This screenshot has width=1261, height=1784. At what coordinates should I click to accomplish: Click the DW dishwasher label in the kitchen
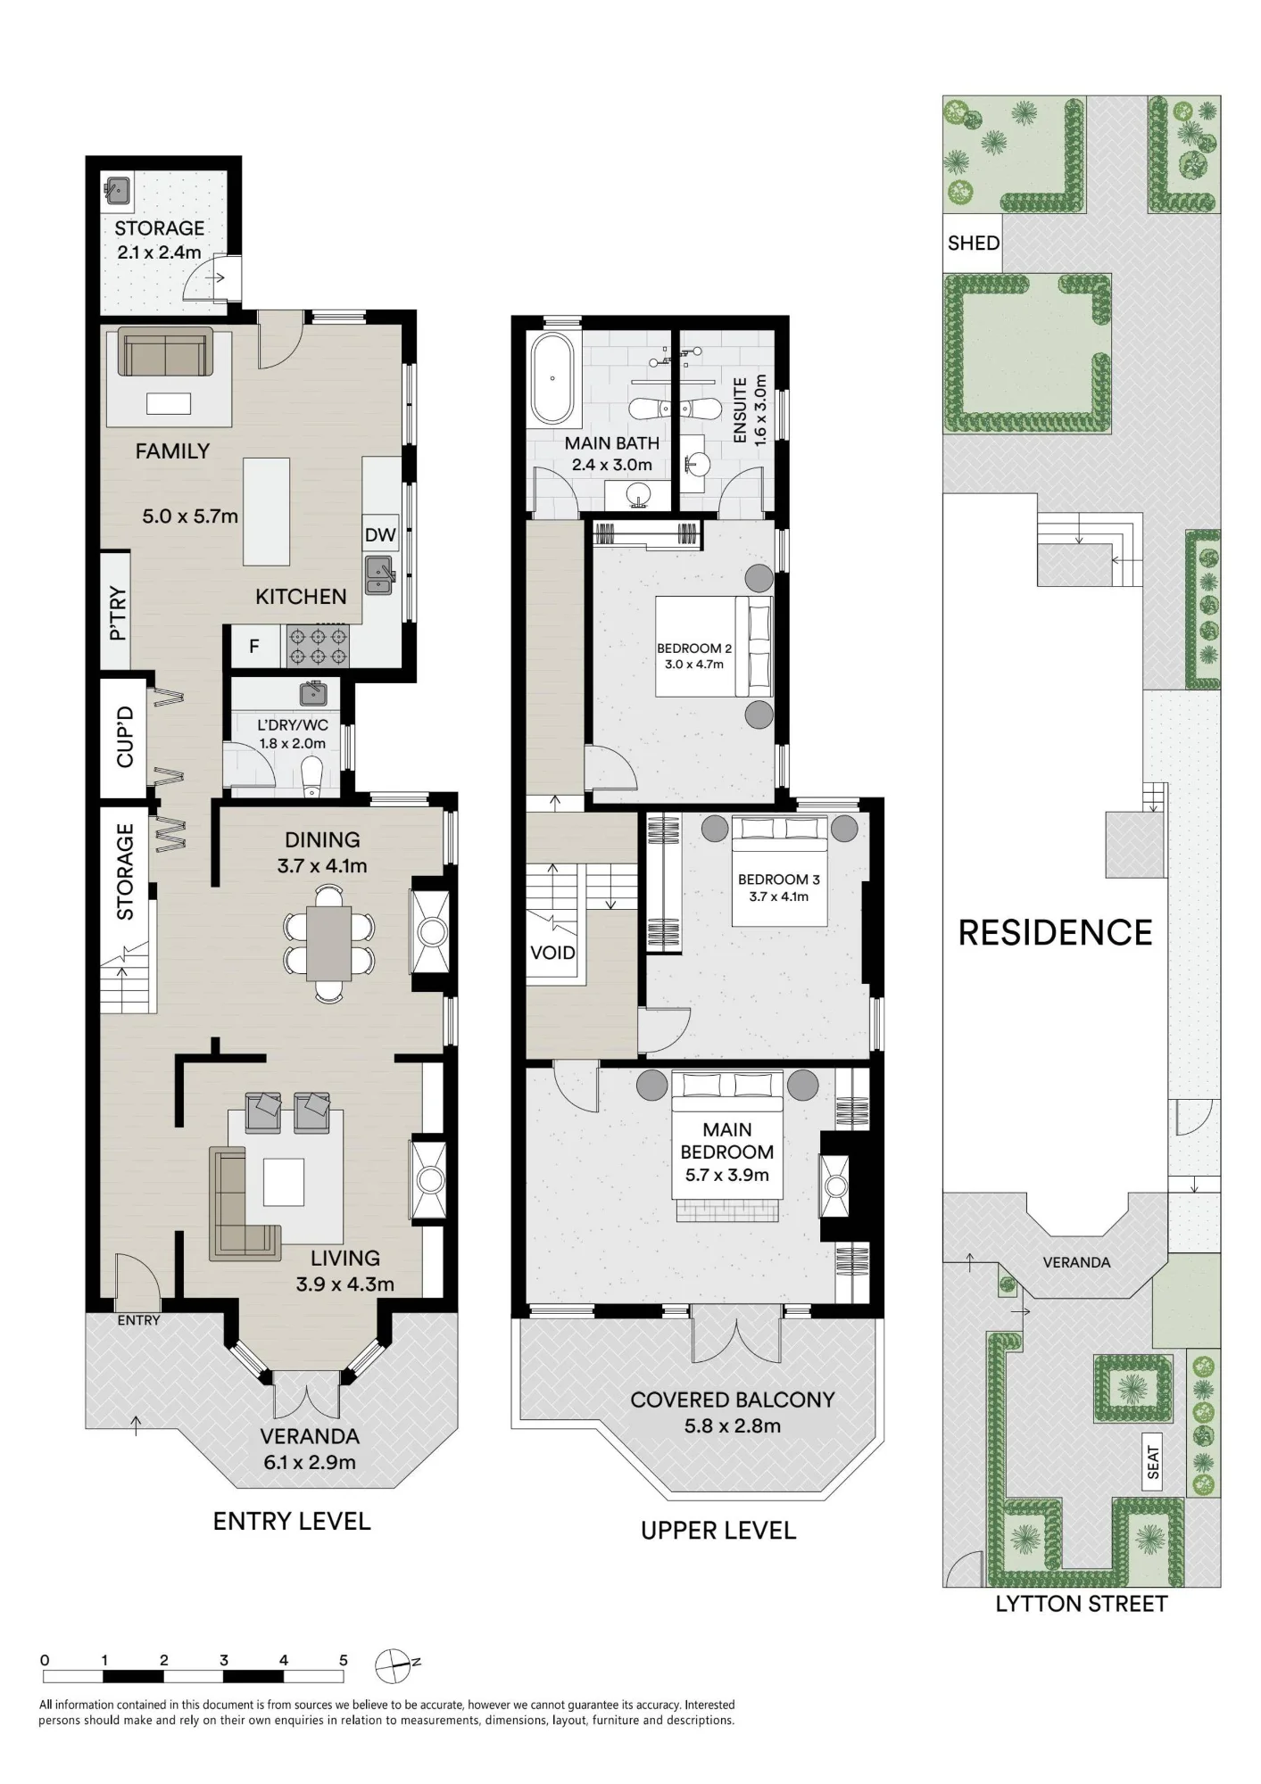coord(380,535)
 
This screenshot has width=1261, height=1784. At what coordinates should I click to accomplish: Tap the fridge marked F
coord(254,646)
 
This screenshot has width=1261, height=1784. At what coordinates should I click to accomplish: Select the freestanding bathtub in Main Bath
coord(552,378)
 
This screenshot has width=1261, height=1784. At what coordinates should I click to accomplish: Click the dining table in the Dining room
coord(329,943)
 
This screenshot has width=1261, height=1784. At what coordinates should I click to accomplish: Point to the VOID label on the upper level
coord(552,953)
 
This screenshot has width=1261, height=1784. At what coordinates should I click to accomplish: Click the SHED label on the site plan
coord(974,243)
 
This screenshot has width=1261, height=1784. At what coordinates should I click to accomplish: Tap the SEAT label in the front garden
coord(1154,1463)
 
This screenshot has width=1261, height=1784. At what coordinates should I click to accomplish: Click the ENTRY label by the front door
coord(139,1320)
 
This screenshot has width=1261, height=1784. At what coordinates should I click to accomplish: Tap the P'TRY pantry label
coord(118,615)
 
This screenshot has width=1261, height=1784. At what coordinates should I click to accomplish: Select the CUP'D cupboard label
coord(124,737)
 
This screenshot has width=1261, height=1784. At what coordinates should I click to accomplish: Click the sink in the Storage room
coord(118,189)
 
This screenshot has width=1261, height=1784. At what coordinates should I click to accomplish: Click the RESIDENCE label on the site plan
coord(1056,933)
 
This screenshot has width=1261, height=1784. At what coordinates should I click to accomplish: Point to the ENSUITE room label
coord(740,410)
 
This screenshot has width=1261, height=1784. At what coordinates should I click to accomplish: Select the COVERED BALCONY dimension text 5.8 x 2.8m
coord(733,1425)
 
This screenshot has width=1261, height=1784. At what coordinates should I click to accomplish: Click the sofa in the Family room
coord(166,351)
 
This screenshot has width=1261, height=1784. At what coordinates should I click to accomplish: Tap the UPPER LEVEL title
coord(718,1531)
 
